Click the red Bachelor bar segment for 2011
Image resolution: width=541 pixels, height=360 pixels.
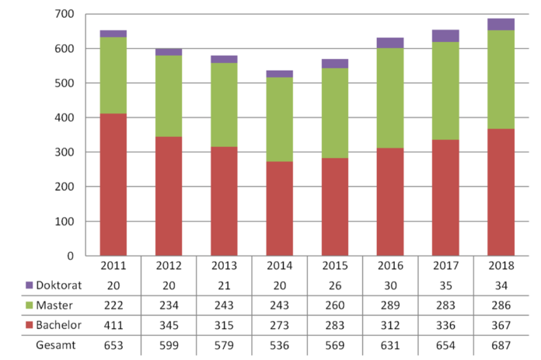113,184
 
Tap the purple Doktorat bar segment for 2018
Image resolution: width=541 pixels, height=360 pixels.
501,24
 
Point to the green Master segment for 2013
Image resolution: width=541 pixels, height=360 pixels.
224,104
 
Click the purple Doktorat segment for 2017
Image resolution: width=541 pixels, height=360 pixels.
446,36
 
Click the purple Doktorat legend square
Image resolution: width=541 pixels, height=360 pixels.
30,285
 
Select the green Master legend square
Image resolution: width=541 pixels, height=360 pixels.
30,305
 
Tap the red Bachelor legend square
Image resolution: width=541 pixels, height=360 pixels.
30,324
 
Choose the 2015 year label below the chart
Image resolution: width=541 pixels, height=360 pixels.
335,266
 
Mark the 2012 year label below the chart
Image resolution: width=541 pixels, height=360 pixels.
168,266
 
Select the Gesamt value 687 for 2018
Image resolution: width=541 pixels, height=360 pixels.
501,344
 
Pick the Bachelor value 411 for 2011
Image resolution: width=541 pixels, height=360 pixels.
113,324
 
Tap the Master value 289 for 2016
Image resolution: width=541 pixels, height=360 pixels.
390,305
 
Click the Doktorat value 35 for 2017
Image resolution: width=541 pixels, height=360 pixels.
446,285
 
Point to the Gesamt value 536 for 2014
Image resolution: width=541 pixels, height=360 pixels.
279,344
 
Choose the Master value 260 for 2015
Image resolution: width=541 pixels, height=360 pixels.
335,305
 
